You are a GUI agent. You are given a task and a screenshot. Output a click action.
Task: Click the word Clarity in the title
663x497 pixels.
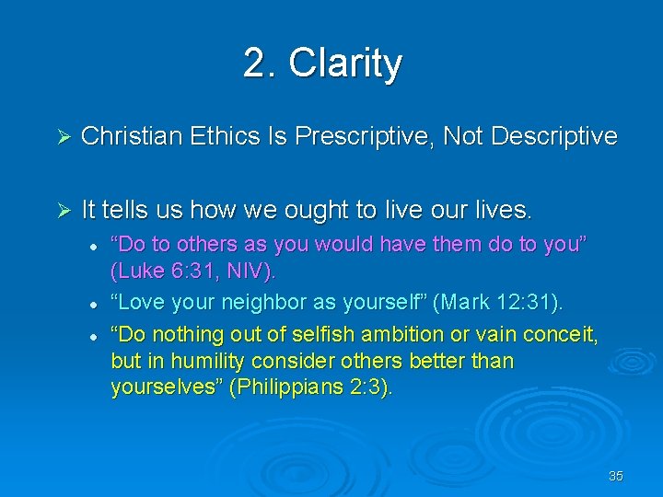(345, 64)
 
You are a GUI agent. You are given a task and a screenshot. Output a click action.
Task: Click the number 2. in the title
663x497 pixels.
(261, 64)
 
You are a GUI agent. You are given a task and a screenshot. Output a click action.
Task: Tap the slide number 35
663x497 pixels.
(616, 476)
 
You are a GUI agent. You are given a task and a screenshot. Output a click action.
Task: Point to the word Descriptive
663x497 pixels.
(554, 137)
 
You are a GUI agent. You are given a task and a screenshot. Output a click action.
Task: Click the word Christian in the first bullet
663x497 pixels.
(132, 137)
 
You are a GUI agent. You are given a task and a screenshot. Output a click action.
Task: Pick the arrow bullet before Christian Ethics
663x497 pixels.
(64, 137)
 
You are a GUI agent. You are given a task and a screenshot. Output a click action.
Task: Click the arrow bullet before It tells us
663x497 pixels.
(64, 211)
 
